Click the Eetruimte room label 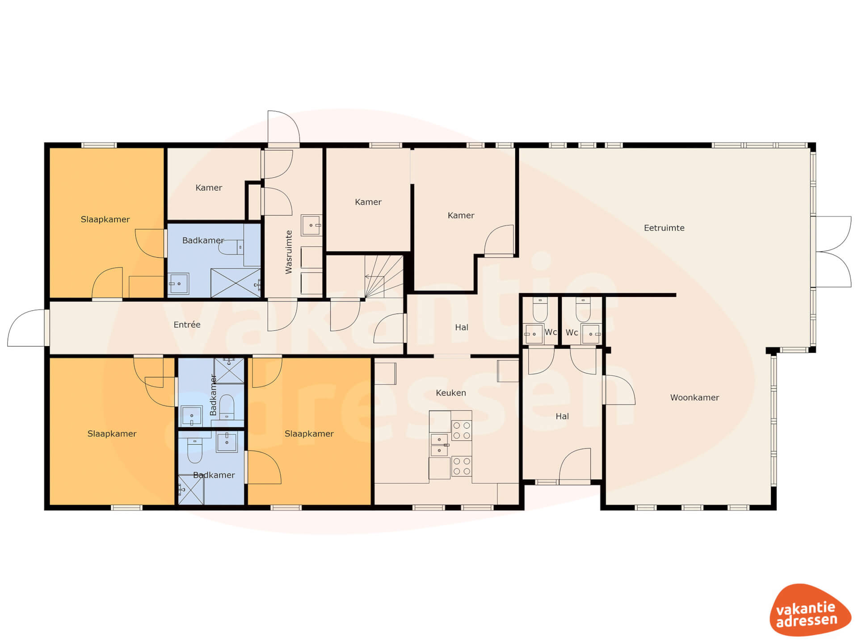click(664, 228)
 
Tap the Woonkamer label click(694, 397)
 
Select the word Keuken click(451, 392)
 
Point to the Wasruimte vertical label click(289, 252)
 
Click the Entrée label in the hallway click(187, 325)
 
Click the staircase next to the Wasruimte click(384, 276)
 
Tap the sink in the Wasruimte click(311, 225)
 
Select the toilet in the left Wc click(540, 309)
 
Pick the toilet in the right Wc click(583, 309)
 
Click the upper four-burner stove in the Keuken click(462, 430)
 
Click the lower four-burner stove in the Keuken click(462, 466)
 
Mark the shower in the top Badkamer click(236, 283)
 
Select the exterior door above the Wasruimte click(284, 128)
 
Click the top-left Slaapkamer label click(105, 219)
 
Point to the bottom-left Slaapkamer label click(112, 434)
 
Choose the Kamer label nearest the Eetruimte click(461, 215)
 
